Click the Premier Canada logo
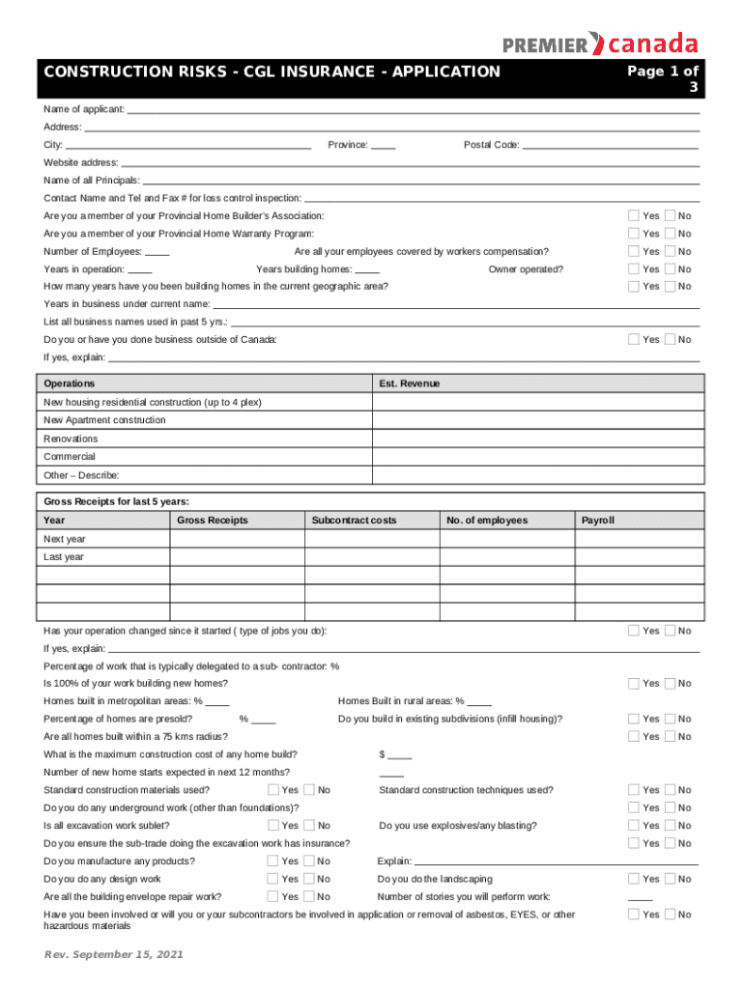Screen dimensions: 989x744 tap(599, 43)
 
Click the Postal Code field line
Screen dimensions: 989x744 tap(610, 146)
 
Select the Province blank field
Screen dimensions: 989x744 tap(384, 146)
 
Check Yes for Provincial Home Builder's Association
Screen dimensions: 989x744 tap(634, 215)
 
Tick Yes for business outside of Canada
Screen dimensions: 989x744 tap(634, 339)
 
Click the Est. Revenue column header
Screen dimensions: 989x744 tap(410, 383)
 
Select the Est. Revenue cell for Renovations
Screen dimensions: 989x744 tap(535, 438)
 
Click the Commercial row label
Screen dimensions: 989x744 tap(70, 456)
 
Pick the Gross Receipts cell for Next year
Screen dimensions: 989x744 tap(237, 539)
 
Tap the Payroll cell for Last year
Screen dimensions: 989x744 tap(638, 557)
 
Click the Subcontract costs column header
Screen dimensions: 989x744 tap(354, 521)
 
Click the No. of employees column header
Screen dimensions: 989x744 tap(487, 521)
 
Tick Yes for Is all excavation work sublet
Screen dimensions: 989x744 tap(273, 826)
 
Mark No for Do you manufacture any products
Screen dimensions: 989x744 tap(309, 862)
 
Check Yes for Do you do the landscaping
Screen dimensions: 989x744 tap(634, 879)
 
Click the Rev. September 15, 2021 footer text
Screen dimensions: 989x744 tap(113, 955)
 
